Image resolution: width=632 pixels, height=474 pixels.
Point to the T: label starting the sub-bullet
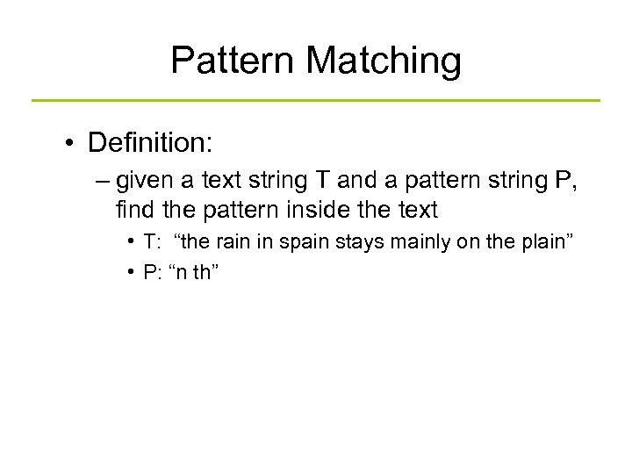coord(154,243)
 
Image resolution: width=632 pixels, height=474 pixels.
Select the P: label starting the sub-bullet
coord(155,272)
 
